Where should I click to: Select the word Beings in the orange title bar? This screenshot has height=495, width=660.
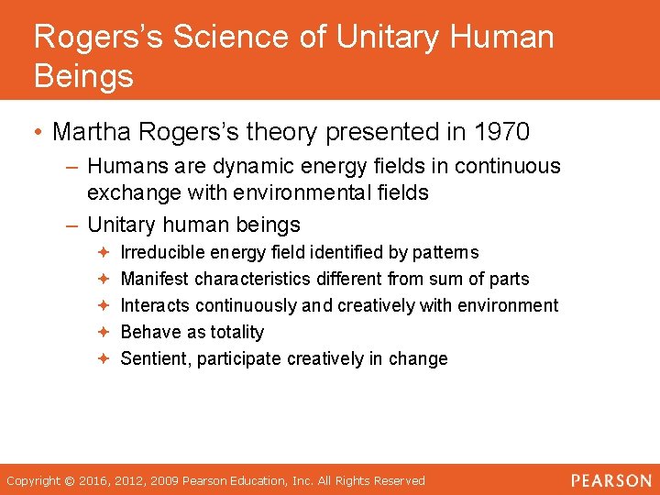pyautogui.click(x=83, y=76)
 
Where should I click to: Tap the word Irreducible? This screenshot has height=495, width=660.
pyautogui.click(x=163, y=252)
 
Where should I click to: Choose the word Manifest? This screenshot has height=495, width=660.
pyautogui.click(x=155, y=279)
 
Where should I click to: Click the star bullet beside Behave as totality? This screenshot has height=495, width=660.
pyautogui.click(x=104, y=332)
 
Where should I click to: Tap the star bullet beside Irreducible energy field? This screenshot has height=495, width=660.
pyautogui.click(x=104, y=252)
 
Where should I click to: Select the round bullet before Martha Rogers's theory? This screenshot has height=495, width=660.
pyautogui.click(x=39, y=133)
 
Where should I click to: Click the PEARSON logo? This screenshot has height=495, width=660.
pyautogui.click(x=610, y=480)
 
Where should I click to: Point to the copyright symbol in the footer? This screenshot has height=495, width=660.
pyautogui.click(x=69, y=480)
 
